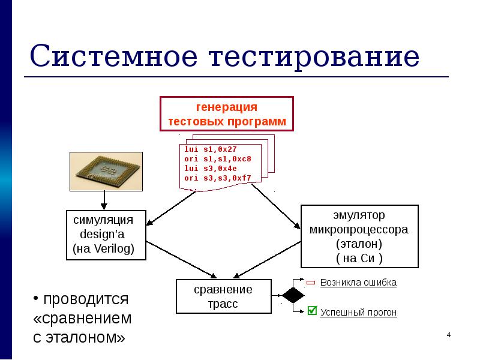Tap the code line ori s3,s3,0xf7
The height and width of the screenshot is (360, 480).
(217, 178)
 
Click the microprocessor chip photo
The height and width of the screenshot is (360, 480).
(106, 170)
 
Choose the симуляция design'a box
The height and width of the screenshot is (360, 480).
(106, 234)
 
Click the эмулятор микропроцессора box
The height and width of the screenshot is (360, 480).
(359, 236)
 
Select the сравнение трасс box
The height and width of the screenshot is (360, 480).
(223, 296)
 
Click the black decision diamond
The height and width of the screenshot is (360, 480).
(293, 296)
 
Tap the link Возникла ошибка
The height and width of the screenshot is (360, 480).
(358, 282)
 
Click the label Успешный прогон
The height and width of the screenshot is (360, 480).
(358, 313)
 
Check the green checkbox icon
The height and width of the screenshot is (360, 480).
(311, 311)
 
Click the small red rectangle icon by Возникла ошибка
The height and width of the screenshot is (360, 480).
(311, 283)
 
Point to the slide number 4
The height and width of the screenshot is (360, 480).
(448, 334)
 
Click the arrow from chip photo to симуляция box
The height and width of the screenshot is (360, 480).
(104, 200)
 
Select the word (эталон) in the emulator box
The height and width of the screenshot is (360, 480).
(359, 244)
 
